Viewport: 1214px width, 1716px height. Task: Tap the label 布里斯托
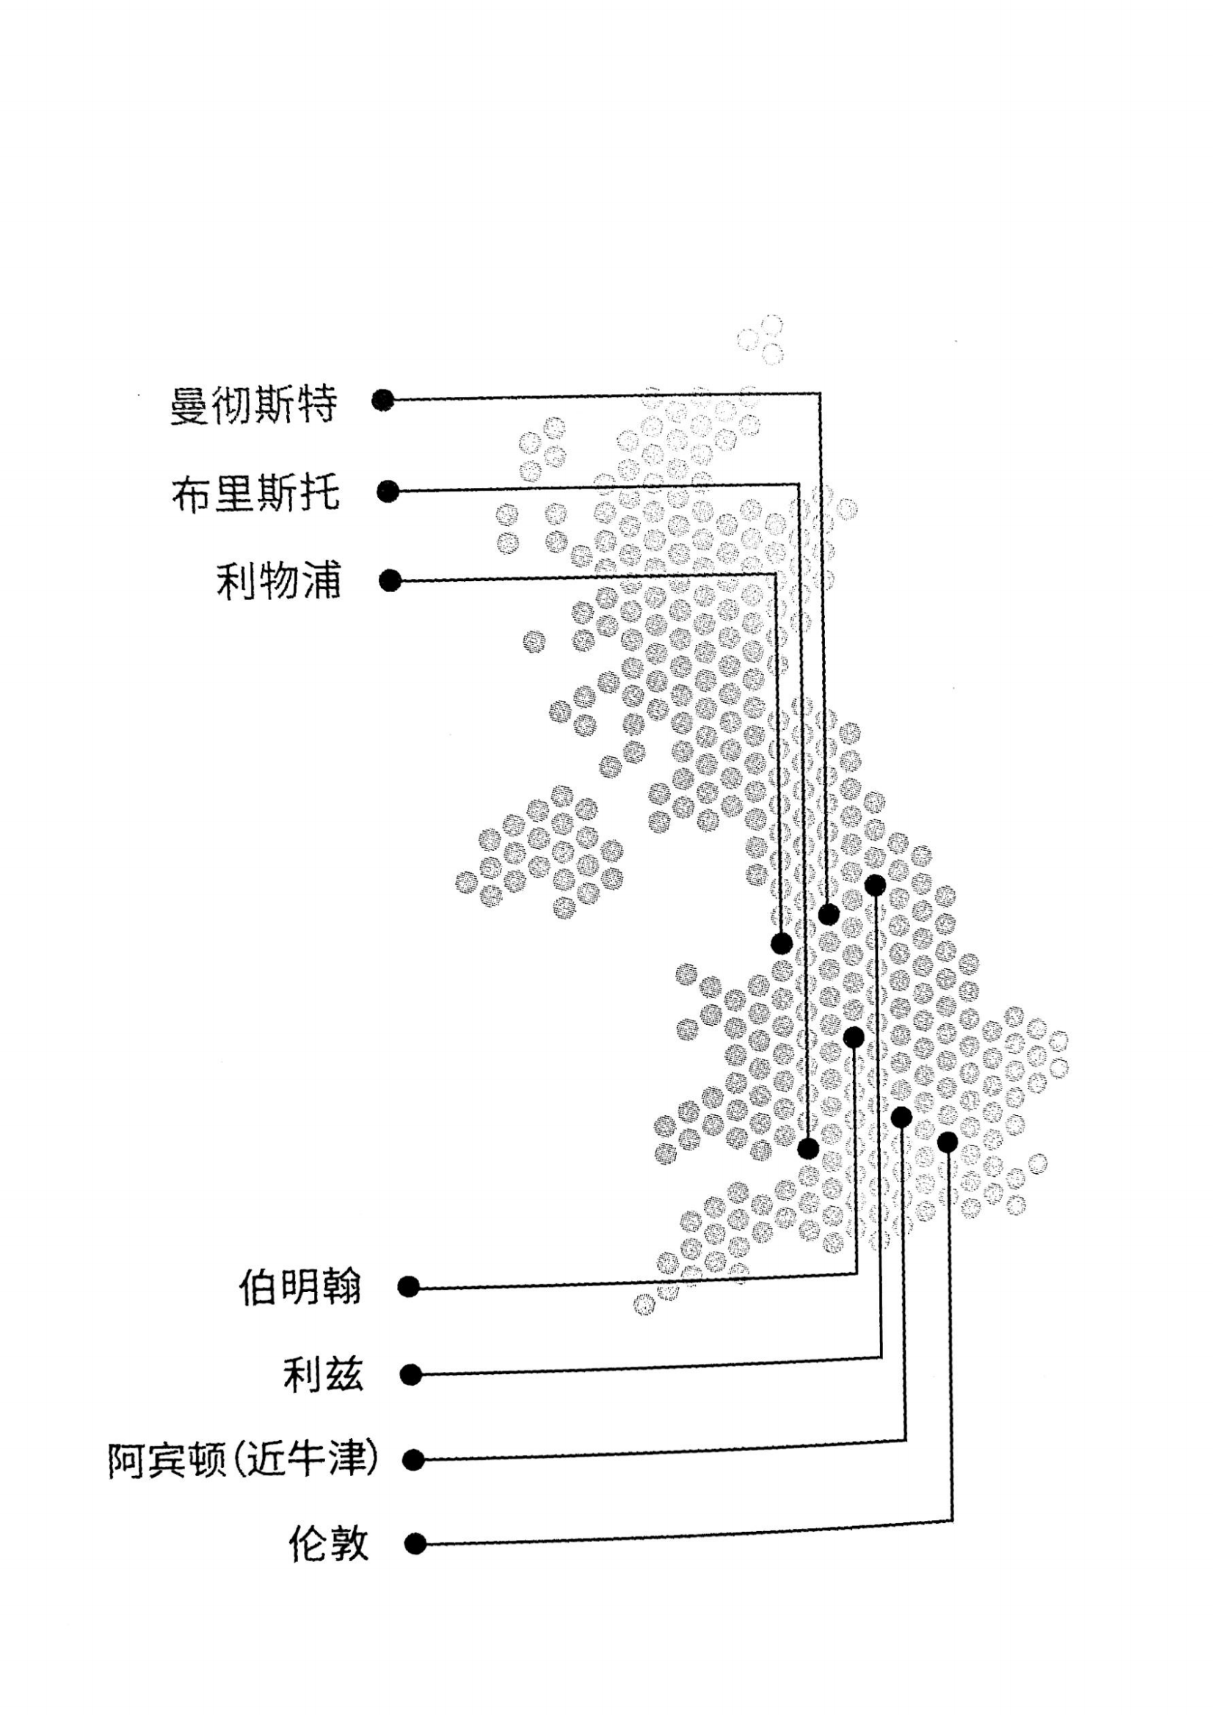(x=255, y=494)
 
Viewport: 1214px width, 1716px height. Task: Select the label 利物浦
(x=279, y=582)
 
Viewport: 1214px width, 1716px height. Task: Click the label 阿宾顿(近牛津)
(x=242, y=1460)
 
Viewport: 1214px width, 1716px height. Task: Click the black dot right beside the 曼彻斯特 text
(x=382, y=401)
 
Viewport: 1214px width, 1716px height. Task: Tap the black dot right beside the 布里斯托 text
(x=388, y=492)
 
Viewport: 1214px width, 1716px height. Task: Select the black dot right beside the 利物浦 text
(x=390, y=581)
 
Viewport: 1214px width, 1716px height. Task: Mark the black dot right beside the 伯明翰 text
(x=408, y=1287)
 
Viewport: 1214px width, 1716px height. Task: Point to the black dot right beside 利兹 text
(x=411, y=1374)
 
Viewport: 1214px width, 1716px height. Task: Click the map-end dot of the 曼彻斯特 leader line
(x=828, y=914)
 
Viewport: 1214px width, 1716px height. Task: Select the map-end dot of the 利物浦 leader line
(x=781, y=944)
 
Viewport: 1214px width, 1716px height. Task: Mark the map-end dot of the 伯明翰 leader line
(x=854, y=1037)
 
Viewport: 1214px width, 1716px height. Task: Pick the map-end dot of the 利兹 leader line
(x=876, y=886)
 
